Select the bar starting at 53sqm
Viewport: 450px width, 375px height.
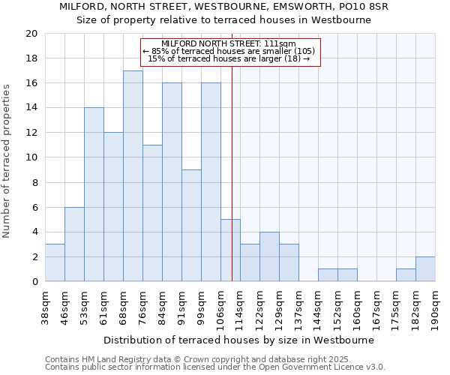pyautogui.click(x=94, y=194)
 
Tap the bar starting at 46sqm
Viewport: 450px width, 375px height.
pyautogui.click(x=74, y=244)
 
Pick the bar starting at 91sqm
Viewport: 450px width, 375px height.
pyautogui.click(x=191, y=226)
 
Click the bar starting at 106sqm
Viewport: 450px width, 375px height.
pyautogui.click(x=230, y=250)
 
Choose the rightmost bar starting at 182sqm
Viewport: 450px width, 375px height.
pyautogui.click(x=425, y=269)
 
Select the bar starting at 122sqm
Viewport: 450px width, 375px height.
pyautogui.click(x=269, y=256)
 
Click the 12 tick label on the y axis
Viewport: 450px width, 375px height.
pyautogui.click(x=31, y=133)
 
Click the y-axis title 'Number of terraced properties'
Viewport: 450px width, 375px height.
pyautogui.click(x=7, y=161)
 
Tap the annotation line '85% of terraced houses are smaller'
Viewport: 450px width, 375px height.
pyautogui.click(x=229, y=51)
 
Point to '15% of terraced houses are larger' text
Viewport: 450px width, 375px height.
pyautogui.click(x=229, y=58)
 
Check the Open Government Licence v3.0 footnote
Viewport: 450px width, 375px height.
pyautogui.click(x=215, y=367)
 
